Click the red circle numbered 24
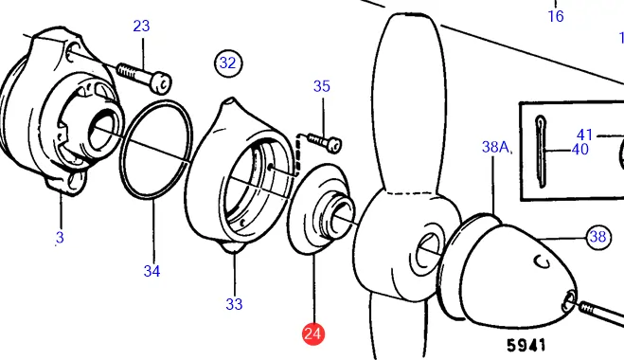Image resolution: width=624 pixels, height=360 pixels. [x=313, y=333]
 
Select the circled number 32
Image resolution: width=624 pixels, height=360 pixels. [x=228, y=63]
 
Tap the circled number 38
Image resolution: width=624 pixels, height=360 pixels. [x=598, y=237]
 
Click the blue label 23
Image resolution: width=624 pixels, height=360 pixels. [x=141, y=27]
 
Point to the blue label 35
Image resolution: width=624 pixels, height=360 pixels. [x=322, y=86]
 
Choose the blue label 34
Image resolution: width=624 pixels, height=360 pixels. [x=152, y=272]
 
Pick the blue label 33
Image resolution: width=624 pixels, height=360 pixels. [x=234, y=305]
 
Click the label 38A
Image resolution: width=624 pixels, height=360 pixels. [x=496, y=147]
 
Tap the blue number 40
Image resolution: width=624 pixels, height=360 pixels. [x=579, y=150]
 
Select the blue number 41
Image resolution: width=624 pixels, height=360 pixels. [x=585, y=135]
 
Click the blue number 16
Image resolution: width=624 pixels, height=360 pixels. [x=556, y=16]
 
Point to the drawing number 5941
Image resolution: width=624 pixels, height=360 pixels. [x=526, y=345]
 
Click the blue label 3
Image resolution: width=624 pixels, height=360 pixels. [x=60, y=238]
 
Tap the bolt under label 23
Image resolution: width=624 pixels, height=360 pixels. [x=144, y=78]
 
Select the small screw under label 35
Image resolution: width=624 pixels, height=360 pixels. [x=325, y=142]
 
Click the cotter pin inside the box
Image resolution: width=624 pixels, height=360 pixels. [x=540, y=152]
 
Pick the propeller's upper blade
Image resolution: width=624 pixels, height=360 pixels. [x=409, y=103]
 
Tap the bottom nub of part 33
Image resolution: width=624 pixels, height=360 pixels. [x=233, y=248]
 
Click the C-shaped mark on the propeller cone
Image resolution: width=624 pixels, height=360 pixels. [x=543, y=261]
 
